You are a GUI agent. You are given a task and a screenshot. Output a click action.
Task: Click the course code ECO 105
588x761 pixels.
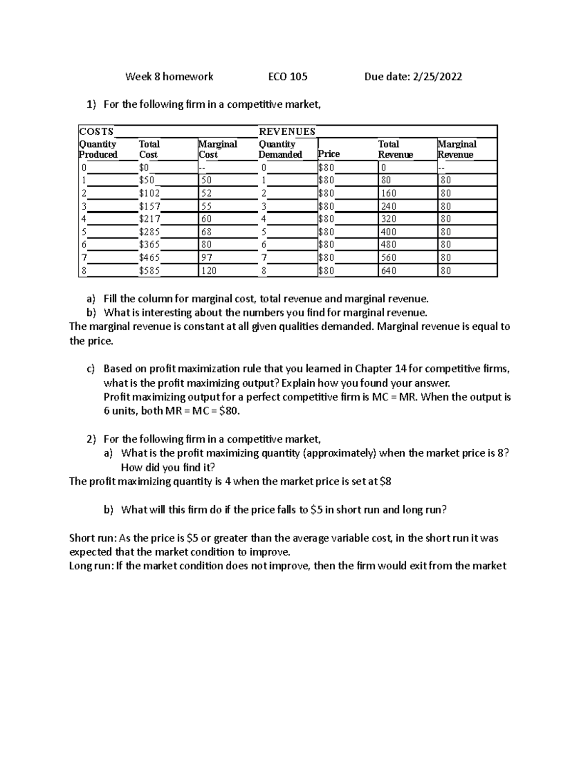[288, 76]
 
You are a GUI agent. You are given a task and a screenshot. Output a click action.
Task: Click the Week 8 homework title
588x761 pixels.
[169, 76]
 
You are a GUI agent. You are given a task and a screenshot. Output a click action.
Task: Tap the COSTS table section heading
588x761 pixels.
[96, 131]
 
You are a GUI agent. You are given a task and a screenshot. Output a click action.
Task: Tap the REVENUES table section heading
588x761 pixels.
[287, 131]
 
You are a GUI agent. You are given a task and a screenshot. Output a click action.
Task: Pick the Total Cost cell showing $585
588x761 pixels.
[149, 270]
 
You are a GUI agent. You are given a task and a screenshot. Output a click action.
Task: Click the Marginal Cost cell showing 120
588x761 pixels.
[209, 270]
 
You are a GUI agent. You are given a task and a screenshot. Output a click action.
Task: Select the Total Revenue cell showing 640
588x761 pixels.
[389, 270]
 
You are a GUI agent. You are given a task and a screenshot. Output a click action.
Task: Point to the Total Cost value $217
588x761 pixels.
[149, 219]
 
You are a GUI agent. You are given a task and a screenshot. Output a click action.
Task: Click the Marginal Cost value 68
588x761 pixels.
[207, 232]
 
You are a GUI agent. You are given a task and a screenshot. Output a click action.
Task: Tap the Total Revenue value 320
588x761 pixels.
[389, 219]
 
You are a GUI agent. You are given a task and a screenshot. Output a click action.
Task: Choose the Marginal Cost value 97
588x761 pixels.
[207, 258]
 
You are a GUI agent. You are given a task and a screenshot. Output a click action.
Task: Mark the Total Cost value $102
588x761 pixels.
[149, 193]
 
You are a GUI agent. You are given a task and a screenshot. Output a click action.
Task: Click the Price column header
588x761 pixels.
[329, 154]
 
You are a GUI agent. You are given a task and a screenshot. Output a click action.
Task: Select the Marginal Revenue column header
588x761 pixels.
[457, 149]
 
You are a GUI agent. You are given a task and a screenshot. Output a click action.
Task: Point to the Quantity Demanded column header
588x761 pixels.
[280, 149]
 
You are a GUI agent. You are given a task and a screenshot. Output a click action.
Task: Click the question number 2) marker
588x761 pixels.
[91, 439]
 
